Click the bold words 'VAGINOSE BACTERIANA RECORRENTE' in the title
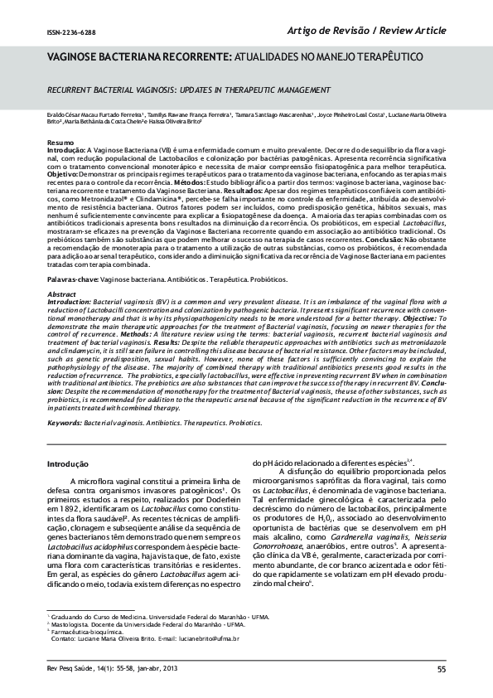(x=134, y=58)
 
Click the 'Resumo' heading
(x=58, y=143)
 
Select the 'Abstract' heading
(x=60, y=293)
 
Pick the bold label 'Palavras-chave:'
(x=70, y=281)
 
